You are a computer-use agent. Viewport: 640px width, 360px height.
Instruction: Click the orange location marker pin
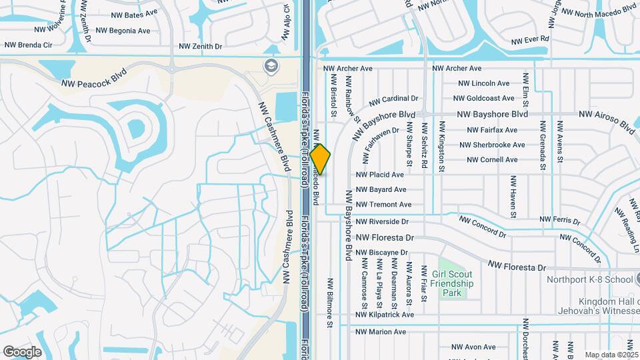tap(320, 159)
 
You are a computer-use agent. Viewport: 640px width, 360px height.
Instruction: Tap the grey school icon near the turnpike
tap(271, 65)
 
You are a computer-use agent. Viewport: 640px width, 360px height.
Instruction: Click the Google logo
tap(22, 351)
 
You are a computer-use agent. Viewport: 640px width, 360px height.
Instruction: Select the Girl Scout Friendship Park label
tap(451, 283)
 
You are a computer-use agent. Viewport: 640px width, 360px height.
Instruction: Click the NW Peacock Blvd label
tap(93, 79)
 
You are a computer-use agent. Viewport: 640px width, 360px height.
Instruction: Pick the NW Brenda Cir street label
tap(27, 46)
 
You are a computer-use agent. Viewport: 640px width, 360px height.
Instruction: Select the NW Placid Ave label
tap(379, 175)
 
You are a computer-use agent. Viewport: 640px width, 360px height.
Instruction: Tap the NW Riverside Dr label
tap(382, 221)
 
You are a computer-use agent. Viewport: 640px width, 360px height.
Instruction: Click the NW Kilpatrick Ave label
tap(385, 315)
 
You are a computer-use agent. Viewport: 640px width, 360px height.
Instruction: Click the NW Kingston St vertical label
tap(441, 147)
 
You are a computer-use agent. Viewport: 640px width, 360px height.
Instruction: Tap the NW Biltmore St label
tap(329, 303)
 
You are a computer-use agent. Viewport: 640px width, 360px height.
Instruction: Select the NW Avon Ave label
tap(473, 347)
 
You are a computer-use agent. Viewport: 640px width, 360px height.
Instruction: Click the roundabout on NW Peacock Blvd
tap(172, 68)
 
